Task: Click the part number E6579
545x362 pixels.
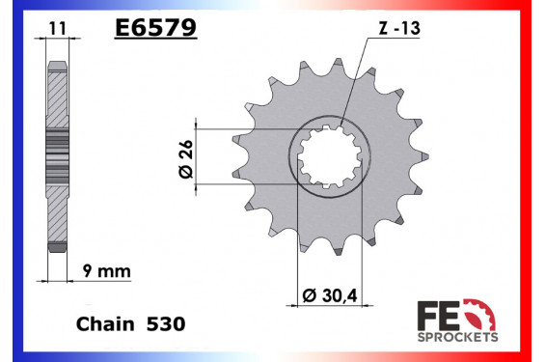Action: click(155, 27)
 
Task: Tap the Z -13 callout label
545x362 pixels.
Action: click(399, 28)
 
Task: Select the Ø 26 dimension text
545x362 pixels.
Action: click(186, 159)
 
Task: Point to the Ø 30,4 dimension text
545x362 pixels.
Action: click(330, 295)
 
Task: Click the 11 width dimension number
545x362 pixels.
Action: click(57, 29)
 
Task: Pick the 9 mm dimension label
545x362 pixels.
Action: click(107, 271)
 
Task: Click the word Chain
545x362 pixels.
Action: click(105, 324)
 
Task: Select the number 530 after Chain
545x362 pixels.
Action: click(166, 324)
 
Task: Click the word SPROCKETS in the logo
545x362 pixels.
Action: click(457, 337)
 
